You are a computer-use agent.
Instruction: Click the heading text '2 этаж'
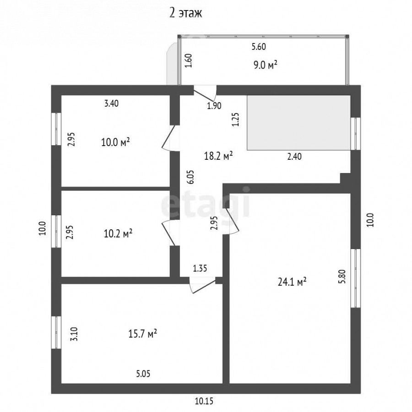tap(185, 13)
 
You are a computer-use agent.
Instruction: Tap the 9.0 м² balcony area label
tap(266, 65)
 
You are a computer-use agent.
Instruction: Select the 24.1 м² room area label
tap(292, 282)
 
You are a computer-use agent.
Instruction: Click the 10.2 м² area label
tap(118, 233)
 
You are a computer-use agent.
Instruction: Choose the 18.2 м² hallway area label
tap(218, 156)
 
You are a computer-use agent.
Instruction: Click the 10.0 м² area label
tap(116, 142)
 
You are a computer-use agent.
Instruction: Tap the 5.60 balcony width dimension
tap(259, 47)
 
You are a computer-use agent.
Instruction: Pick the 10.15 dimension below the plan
tap(204, 401)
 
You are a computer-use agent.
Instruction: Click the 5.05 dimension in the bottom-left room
tap(143, 374)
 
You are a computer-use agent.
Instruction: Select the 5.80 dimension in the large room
tap(342, 276)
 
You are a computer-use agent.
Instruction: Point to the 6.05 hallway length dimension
tap(190, 177)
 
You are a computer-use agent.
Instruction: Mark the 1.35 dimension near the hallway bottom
tap(200, 268)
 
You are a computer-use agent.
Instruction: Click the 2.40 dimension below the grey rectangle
tap(294, 157)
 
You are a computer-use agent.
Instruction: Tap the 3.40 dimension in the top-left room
tap(111, 103)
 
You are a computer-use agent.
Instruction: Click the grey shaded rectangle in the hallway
tap(298, 123)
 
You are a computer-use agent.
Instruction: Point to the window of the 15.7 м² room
tap(56, 332)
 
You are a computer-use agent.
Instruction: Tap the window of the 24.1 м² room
tap(356, 278)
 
